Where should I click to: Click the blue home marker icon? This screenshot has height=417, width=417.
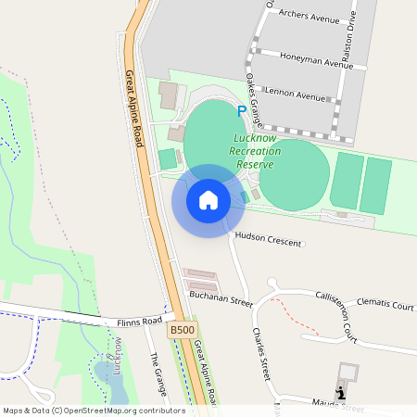coord(208,200)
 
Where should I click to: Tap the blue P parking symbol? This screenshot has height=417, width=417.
coord(242,110)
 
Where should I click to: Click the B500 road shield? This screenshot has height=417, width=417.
coord(182,330)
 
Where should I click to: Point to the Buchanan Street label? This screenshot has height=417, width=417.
coord(221,301)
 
